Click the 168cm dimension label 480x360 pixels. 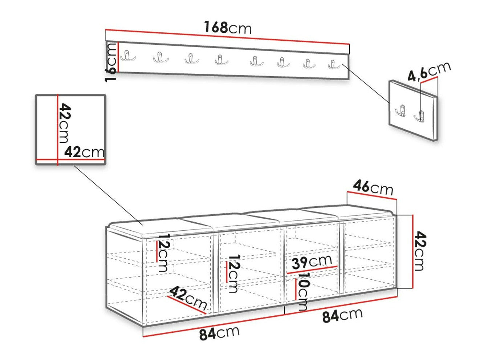coord(228,28)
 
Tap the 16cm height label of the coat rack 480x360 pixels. coord(111,62)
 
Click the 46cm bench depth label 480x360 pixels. coord(373,187)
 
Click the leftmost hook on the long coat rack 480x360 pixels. coord(128,56)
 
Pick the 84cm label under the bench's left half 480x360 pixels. coord(219,333)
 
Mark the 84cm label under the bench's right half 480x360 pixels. coord(342,315)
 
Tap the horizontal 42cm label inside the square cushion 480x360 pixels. coord(84,152)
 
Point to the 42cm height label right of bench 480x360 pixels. coord(420,251)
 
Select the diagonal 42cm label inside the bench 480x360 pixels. coord(188,298)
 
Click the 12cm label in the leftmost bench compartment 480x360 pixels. coord(163,252)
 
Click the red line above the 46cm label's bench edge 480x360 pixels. coord(372,195)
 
